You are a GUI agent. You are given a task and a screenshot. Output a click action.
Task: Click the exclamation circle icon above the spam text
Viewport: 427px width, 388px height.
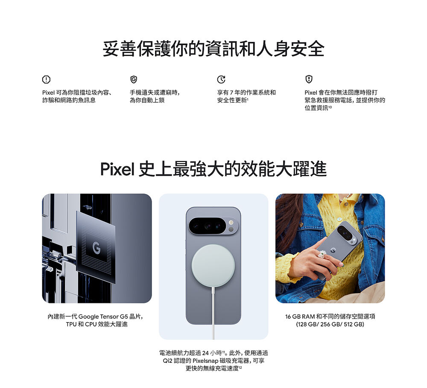(46, 79)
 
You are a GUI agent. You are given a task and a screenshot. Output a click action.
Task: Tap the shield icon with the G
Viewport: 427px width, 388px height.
(134, 79)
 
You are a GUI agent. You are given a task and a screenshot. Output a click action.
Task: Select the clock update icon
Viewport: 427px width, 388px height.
(221, 79)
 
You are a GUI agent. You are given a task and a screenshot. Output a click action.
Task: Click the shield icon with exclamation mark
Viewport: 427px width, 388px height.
(309, 79)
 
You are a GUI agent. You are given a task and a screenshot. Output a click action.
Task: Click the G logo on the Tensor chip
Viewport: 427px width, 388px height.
(96, 248)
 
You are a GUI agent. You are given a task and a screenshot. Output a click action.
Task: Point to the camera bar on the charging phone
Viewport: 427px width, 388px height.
(213, 226)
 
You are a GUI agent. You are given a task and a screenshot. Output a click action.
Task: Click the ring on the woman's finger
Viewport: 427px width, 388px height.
(322, 254)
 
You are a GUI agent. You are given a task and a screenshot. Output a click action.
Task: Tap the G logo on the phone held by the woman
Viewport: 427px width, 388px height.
(333, 250)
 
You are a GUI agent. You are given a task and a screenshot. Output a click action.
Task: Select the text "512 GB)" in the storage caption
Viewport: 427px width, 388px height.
(354, 324)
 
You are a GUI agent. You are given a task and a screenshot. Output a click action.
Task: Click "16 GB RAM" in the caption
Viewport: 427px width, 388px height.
(300, 317)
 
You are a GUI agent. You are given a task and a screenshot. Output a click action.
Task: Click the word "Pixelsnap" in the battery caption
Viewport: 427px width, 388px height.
(205, 361)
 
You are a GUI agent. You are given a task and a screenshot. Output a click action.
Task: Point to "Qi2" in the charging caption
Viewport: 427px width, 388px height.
(168, 361)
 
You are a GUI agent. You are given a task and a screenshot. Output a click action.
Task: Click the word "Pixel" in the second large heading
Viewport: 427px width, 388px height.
(117, 169)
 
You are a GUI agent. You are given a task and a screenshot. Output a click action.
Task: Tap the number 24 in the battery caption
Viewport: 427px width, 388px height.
(206, 353)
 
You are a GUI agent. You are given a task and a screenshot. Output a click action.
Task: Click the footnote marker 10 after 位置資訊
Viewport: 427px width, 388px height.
(330, 107)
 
